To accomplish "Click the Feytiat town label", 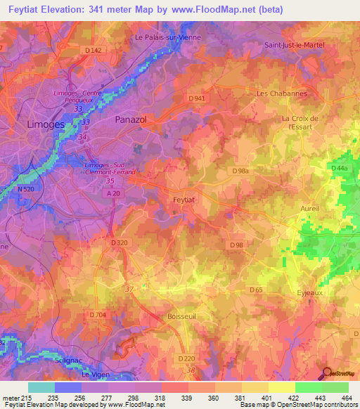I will (185, 199).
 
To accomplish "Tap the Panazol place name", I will (130, 120).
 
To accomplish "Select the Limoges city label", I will (46, 124).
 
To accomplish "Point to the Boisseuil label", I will (181, 318).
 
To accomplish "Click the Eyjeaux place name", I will (310, 292).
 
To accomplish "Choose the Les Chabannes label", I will (282, 93).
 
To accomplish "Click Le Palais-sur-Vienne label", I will (168, 37).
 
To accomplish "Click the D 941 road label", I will (196, 98).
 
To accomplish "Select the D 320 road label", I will (120, 242).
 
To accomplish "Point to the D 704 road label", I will (97, 316).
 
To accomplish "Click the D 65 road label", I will (256, 290).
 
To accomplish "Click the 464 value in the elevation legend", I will (347, 398).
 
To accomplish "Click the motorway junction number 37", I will (128, 289).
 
